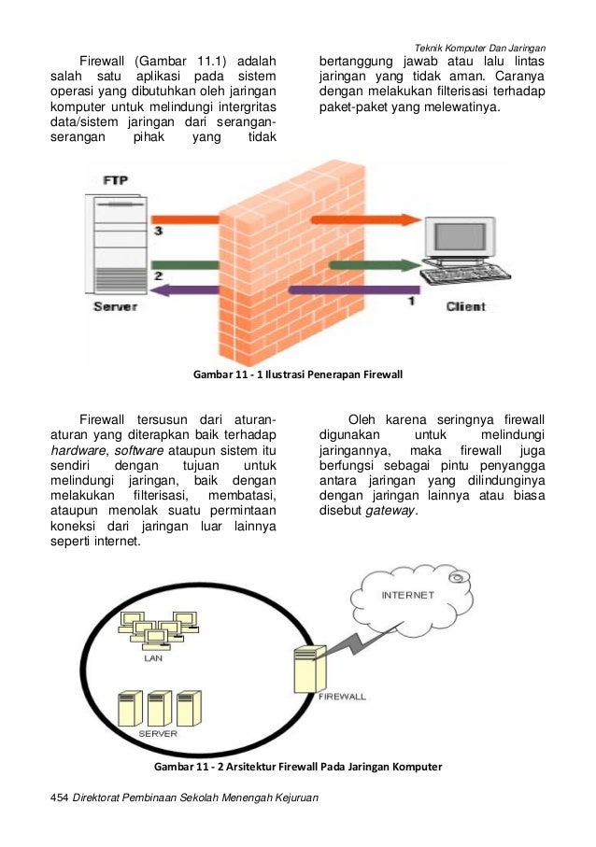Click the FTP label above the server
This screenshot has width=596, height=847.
tap(115, 180)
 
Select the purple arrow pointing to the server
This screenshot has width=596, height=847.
tap(280, 291)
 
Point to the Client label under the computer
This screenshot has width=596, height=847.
tap(465, 306)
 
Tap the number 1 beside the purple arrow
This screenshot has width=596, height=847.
tap(409, 302)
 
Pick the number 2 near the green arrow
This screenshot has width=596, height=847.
tap(158, 276)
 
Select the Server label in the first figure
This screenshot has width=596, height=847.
tap(115, 306)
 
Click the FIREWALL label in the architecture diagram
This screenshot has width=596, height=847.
tap(343, 697)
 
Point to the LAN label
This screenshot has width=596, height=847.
tap(152, 656)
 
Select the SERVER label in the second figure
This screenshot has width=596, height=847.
tap(158, 734)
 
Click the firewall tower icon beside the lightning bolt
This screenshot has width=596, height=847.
tap(306, 674)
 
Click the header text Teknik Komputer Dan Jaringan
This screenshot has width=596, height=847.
tap(480, 48)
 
